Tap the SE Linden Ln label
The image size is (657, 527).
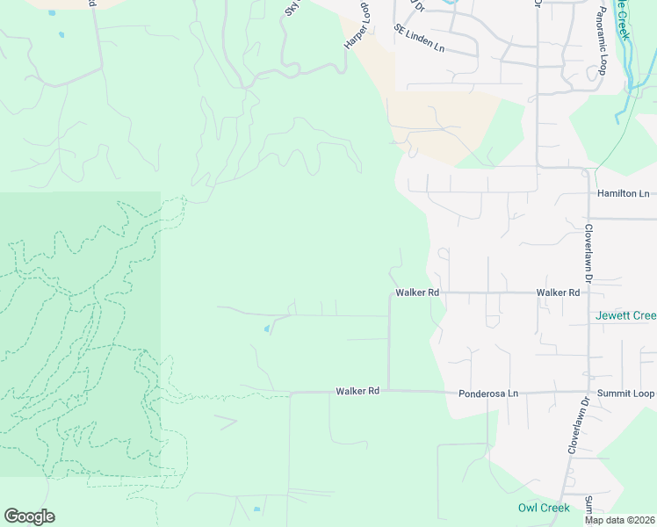420,39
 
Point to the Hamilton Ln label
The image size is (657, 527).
623,193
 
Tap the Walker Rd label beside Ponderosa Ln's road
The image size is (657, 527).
357,391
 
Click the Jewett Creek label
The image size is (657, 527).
625,315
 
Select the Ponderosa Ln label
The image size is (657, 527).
488,393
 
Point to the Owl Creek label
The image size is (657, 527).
544,508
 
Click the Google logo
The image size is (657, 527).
29,516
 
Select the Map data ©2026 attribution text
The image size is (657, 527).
619,520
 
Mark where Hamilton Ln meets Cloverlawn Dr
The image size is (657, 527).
588,193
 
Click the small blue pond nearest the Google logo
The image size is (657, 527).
256,509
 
